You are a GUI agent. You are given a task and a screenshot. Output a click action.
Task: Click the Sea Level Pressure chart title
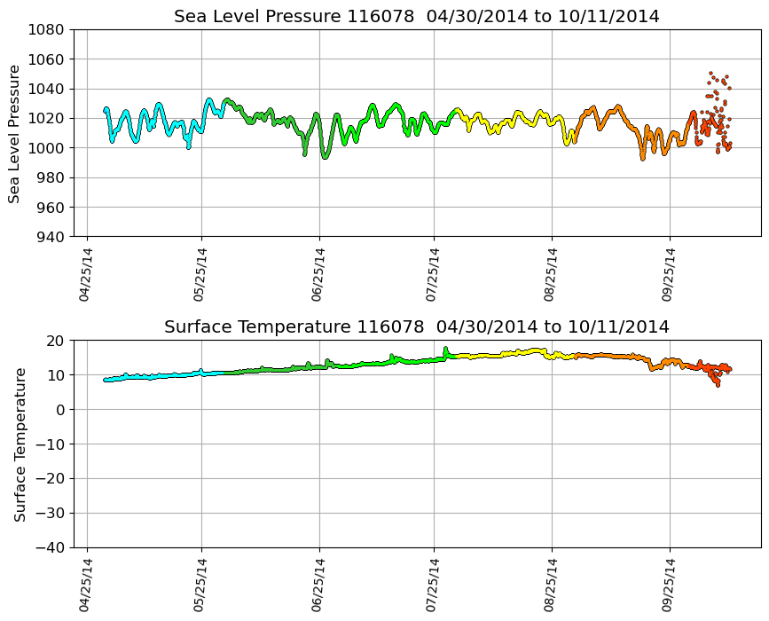tap(417, 17)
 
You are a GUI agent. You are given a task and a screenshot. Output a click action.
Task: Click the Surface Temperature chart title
tap(417, 327)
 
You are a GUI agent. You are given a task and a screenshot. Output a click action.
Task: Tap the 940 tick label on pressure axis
tap(48, 237)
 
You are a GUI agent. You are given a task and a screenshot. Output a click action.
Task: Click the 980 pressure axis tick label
tap(48, 177)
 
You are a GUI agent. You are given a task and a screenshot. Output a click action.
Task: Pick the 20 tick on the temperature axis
tap(55, 341)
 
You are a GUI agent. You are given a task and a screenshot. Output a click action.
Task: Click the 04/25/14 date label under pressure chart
tap(86, 275)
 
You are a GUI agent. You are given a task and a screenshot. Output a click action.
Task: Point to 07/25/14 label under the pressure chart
tap(434, 275)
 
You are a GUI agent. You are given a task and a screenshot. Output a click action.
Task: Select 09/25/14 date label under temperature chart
tap(669, 586)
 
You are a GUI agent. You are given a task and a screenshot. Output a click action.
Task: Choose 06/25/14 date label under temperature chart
tap(319, 586)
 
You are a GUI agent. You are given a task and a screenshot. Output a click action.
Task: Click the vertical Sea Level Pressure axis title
tap(15, 133)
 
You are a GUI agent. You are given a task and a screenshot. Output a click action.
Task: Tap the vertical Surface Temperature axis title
tap(20, 444)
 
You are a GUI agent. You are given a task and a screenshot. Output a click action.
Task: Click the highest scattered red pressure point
tap(710, 73)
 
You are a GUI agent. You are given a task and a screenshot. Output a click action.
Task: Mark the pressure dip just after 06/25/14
tap(325, 157)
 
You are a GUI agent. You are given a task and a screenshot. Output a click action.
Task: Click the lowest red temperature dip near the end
tap(718, 385)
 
